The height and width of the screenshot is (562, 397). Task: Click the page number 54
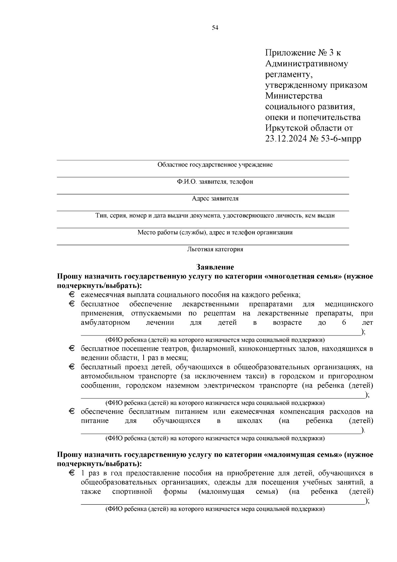[215, 28]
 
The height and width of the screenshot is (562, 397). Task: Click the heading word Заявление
[215, 267]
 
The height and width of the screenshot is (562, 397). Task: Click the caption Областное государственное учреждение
[215, 165]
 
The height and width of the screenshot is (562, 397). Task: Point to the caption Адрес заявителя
[215, 199]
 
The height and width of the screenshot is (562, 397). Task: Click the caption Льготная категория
[215, 249]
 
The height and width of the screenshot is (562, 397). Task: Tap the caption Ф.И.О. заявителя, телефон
[215, 182]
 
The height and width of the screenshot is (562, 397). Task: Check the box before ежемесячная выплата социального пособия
[72, 294]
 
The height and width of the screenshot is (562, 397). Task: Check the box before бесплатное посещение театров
[72, 349]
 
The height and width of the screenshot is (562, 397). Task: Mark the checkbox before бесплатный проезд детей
[72, 367]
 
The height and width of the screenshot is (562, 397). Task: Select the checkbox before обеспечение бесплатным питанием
[72, 412]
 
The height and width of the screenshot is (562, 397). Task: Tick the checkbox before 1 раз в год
[72, 473]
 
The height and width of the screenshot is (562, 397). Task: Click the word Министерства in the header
[293, 96]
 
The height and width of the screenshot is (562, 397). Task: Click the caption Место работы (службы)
[172, 232]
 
